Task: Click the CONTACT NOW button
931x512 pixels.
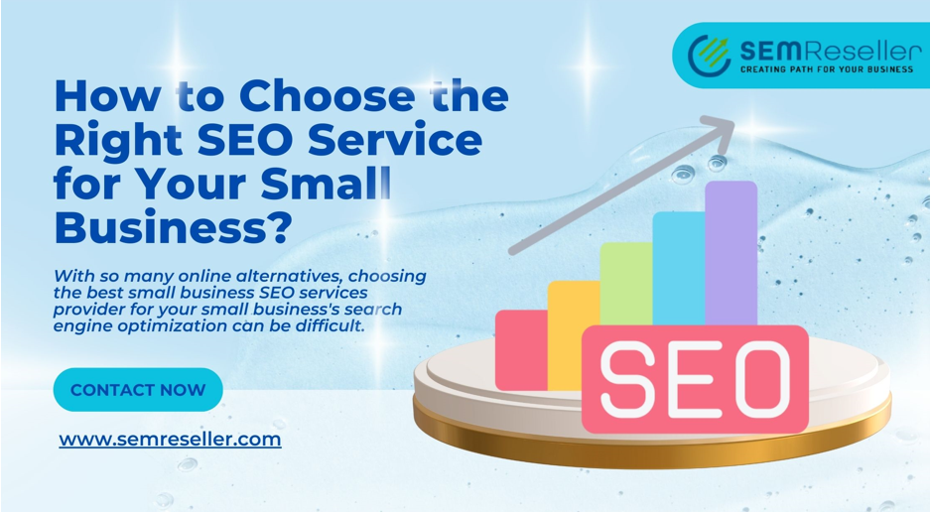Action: [138, 389]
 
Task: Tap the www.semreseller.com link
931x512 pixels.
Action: [170, 439]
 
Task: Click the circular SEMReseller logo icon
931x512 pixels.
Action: [709, 56]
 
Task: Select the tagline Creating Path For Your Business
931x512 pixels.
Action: [827, 69]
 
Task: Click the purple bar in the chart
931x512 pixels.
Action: [731, 253]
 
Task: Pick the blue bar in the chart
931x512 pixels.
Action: [679, 268]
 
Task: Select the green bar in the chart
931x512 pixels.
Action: [626, 284]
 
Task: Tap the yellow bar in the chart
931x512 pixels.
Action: [574, 335]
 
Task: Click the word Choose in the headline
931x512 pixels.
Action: [325, 95]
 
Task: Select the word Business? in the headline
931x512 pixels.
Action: [174, 227]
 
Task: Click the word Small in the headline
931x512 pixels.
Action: [326, 184]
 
